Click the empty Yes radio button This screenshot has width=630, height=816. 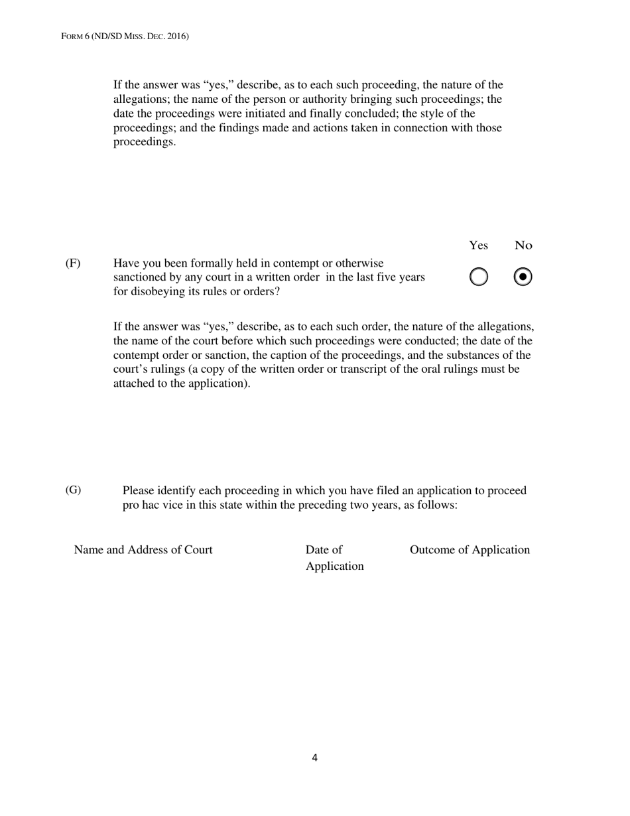click(x=479, y=277)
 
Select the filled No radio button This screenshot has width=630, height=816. click(x=523, y=277)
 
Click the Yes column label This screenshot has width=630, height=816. click(x=478, y=245)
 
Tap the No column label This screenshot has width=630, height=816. click(x=523, y=245)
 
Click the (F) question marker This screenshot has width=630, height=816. click(x=73, y=263)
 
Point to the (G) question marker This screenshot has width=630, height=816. click(x=73, y=490)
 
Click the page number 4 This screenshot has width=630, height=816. click(x=314, y=758)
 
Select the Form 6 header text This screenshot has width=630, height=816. click(x=125, y=36)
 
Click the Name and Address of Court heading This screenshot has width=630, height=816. click(x=143, y=550)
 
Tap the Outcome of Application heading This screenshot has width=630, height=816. click(x=470, y=550)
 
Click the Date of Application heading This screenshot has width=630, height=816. click(x=334, y=558)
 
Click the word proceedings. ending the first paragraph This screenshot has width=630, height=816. click(x=145, y=142)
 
